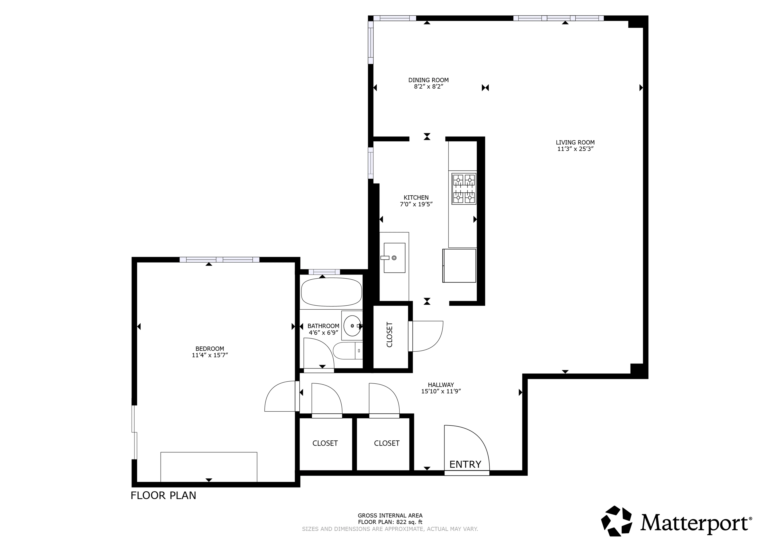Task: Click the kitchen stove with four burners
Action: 464,189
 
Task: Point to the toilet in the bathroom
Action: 347,351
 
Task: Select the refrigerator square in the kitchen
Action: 459,266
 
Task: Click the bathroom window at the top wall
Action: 324,272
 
